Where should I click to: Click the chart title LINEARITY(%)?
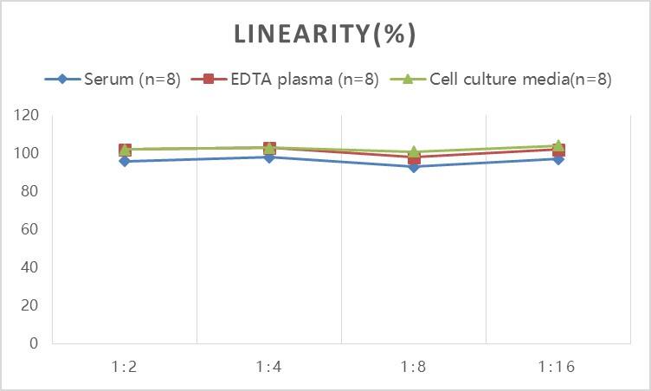[x=325, y=34]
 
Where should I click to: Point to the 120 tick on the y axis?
[x=27, y=115]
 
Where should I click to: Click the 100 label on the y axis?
[x=27, y=153]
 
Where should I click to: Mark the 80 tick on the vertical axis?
[x=30, y=191]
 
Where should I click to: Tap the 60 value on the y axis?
[x=30, y=229]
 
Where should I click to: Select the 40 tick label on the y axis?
[x=30, y=267]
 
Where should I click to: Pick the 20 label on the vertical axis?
[x=30, y=305]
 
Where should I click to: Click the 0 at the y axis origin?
[x=34, y=343]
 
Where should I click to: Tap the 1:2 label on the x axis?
[x=125, y=367]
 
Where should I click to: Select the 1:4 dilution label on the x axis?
[x=269, y=367]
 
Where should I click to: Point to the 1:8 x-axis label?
[x=414, y=367]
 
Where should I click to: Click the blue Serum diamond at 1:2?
[x=125, y=161]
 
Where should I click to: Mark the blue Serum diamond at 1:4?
[x=269, y=157]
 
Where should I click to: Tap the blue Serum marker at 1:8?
[x=414, y=167]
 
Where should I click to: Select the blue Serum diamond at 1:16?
[x=558, y=159]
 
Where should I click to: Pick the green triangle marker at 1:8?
[x=414, y=151]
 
